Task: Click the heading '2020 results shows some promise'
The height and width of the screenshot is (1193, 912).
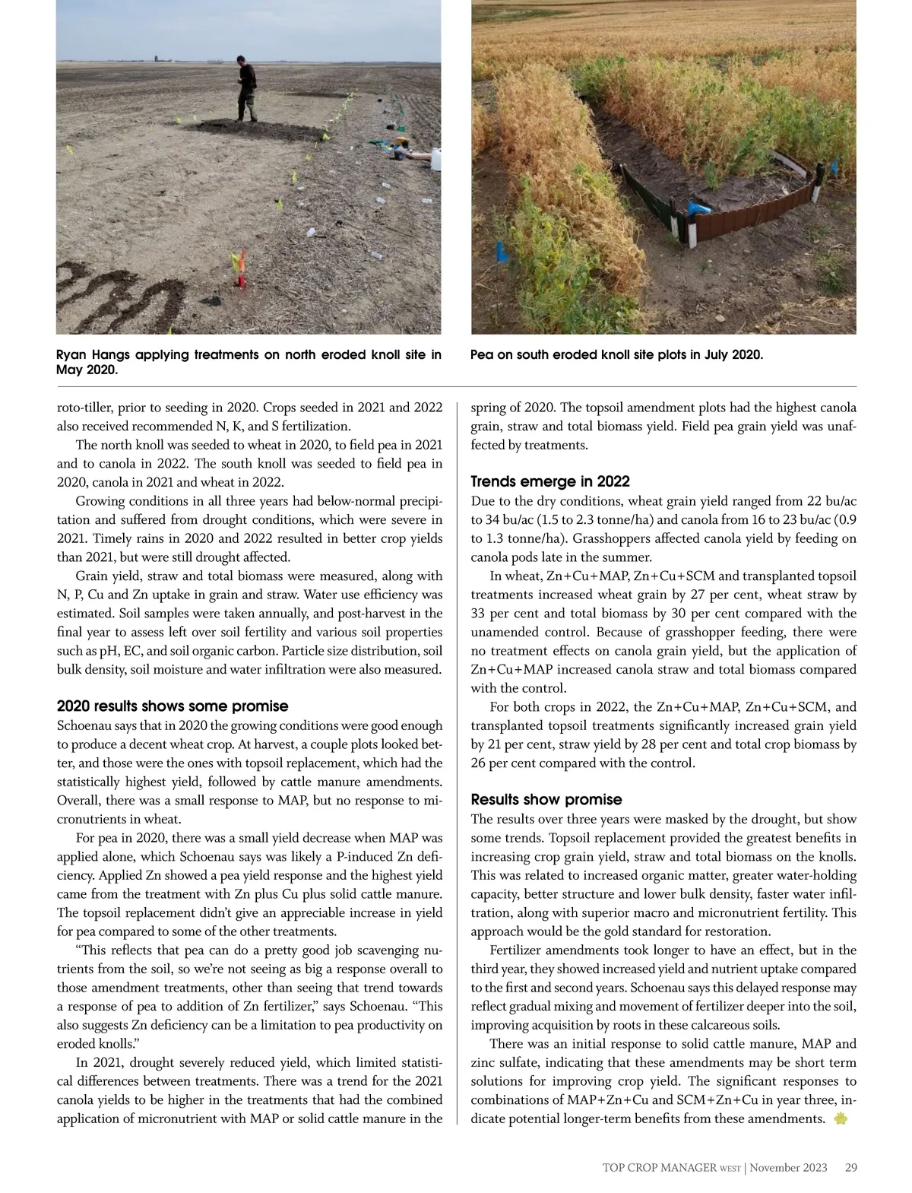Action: click(173, 706)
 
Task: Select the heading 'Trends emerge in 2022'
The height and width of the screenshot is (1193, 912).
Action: click(550, 481)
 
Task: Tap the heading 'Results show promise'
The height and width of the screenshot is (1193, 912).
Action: click(546, 799)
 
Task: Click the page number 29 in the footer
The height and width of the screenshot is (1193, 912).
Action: click(850, 1167)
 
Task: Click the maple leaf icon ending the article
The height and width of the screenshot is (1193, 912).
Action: click(840, 1118)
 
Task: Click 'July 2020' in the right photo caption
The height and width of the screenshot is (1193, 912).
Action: click(729, 354)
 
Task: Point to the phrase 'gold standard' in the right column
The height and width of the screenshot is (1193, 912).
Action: click(652, 931)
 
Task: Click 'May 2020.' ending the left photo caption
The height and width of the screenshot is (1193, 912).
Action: click(87, 370)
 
